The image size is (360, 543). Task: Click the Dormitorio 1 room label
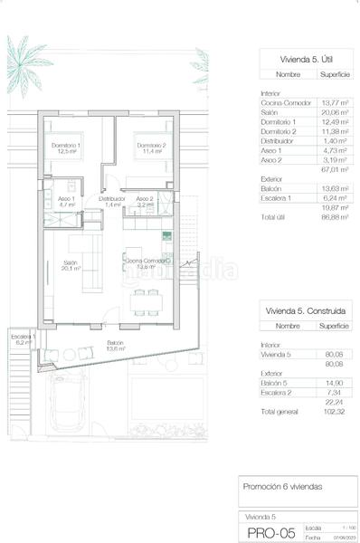pos(66,148)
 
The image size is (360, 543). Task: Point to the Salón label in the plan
pos(70,264)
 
